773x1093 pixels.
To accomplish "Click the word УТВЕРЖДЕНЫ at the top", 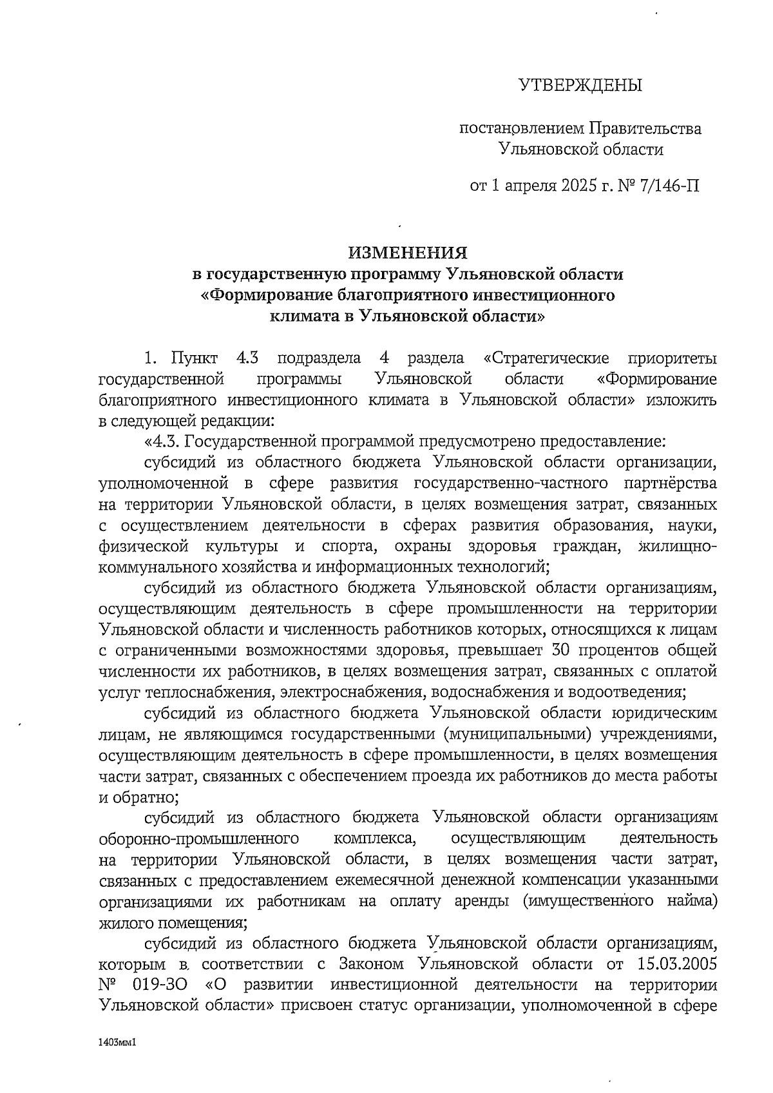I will pyautogui.click(x=580, y=85).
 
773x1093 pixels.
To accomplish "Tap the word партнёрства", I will pyautogui.click(x=671, y=483).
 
